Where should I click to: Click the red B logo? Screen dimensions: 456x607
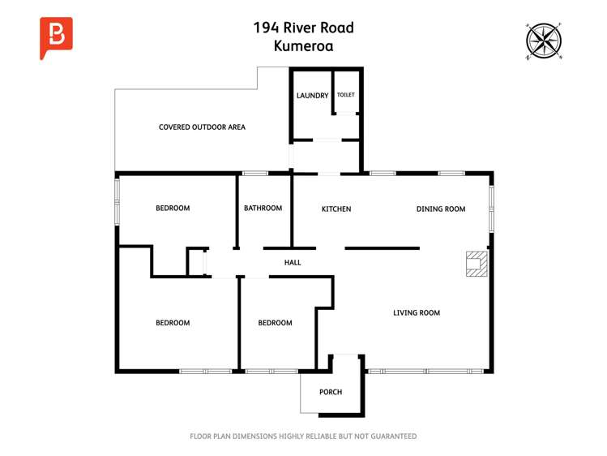[56, 37]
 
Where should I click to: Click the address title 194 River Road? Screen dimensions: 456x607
[303, 28]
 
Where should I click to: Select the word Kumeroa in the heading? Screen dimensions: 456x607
[303, 46]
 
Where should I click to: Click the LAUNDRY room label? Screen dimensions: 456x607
[312, 96]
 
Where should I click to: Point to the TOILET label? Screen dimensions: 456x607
[346, 95]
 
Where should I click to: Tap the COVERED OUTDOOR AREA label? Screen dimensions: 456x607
[202, 127]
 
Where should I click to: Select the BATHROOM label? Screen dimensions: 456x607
[263, 209]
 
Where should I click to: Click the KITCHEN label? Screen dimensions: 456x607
[336, 209]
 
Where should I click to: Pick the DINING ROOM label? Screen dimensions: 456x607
[441, 209]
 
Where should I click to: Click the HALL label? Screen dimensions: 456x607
[293, 263]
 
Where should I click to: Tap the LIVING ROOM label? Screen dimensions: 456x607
[417, 313]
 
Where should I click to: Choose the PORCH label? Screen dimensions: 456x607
[331, 393]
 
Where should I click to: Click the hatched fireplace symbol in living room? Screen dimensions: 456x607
[477, 265]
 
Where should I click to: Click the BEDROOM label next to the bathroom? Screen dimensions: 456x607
[173, 209]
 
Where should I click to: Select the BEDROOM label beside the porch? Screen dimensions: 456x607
[275, 323]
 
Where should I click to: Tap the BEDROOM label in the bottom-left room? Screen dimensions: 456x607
[173, 323]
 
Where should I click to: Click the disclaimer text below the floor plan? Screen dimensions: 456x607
[303, 437]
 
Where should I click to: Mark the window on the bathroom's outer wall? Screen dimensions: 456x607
[255, 173]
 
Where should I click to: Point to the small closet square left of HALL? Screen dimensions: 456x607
[195, 263]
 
